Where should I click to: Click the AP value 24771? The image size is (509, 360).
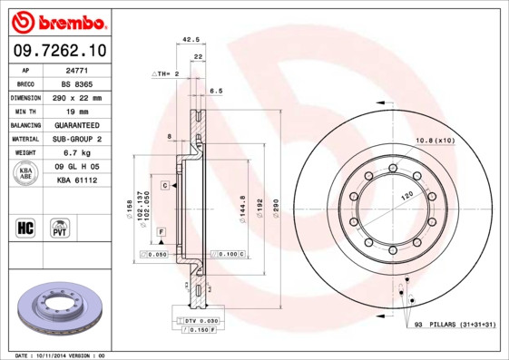pyautogui.click(x=77, y=69)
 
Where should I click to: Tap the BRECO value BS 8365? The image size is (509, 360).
pyautogui.click(x=77, y=83)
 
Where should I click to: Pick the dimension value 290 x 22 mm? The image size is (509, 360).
pyautogui.click(x=77, y=97)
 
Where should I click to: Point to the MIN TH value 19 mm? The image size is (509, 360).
pyautogui.click(x=77, y=111)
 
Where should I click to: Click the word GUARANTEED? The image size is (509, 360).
pyautogui.click(x=77, y=124)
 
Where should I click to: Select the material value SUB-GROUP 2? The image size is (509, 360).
pyautogui.click(x=77, y=139)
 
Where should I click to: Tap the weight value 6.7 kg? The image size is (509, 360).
pyautogui.click(x=77, y=153)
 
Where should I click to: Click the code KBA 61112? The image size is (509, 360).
pyautogui.click(x=77, y=180)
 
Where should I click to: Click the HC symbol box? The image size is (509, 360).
pyautogui.click(x=25, y=227)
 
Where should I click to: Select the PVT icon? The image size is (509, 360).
pyautogui.click(x=60, y=227)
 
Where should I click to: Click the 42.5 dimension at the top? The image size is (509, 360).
pyautogui.click(x=191, y=40)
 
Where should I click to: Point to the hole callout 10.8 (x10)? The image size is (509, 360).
pyautogui.click(x=435, y=140)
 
